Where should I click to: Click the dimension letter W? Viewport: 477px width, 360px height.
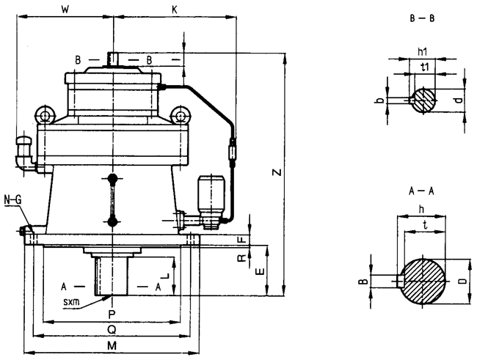coord(66,10)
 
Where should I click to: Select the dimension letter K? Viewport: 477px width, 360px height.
coord(174,10)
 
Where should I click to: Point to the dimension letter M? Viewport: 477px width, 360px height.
coord(111,345)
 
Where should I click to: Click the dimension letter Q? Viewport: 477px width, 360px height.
coord(111,328)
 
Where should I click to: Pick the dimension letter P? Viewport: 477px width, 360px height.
coord(111,314)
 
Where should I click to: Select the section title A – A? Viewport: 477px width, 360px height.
coord(422,188)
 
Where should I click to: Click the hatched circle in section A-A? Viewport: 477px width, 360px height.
coord(421,279)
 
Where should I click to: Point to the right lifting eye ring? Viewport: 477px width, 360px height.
coord(178,115)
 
